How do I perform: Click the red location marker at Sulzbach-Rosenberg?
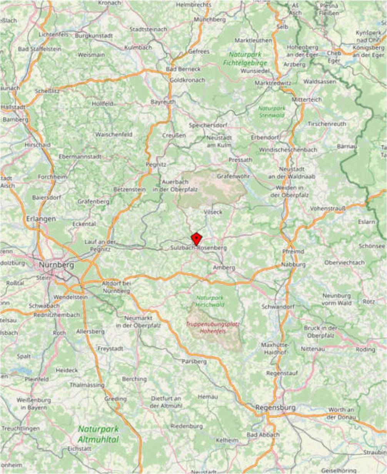click(196, 238)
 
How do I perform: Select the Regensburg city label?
click(276, 407)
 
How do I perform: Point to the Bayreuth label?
click(163, 102)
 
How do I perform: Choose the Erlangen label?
click(41, 218)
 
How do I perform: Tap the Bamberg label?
click(16, 120)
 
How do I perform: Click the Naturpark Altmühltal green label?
click(98, 434)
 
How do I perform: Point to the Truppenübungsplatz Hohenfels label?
click(213, 327)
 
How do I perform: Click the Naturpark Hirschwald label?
click(210, 301)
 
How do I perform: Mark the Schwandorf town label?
click(278, 307)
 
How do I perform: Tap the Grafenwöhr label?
click(234, 176)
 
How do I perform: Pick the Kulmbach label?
click(138, 48)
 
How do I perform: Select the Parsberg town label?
click(194, 361)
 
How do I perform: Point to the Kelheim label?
click(227, 440)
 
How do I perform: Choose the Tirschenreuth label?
click(327, 124)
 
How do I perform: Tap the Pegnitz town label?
click(156, 164)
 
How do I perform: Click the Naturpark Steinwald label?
click(272, 111)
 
